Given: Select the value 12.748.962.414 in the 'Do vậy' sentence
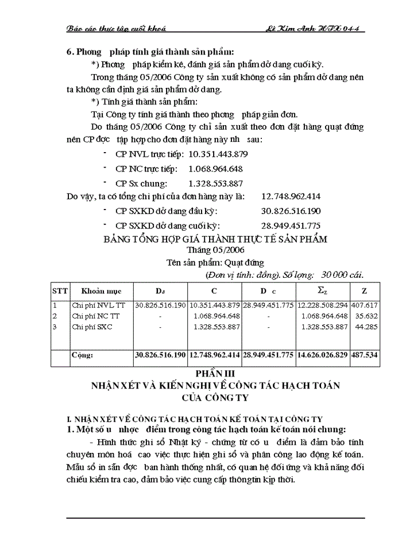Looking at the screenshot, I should [291, 196].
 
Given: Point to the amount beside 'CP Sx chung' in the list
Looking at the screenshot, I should [215, 184].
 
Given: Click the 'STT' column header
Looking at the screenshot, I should [59, 291].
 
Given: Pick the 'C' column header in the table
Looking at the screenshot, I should [214, 291].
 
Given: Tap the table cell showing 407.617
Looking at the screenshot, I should [365, 305].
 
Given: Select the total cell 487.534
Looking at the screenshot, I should [365, 355].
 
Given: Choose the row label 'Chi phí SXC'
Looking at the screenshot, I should [92, 327].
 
